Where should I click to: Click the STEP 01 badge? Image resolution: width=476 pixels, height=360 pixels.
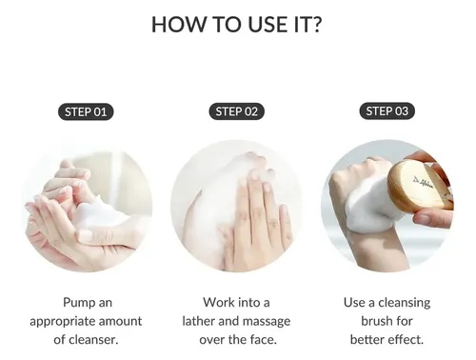click(86, 111)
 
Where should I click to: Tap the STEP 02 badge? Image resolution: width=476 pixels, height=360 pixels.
click(236, 111)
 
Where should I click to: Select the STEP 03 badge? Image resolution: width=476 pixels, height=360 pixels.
click(387, 111)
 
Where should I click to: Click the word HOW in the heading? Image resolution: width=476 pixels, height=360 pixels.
click(178, 25)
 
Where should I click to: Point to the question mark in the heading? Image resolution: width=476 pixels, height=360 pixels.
click(316, 25)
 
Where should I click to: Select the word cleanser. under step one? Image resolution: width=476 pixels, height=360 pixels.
click(93, 340)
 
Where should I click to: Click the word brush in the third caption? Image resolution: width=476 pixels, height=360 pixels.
click(374, 321)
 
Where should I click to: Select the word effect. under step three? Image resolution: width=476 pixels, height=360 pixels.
click(407, 339)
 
